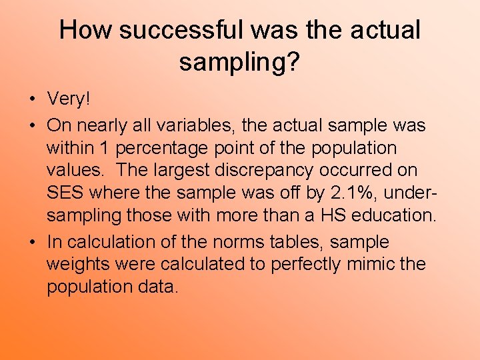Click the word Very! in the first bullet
pyautogui.click(x=68, y=99)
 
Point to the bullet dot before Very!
pyautogui.click(x=33, y=100)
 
